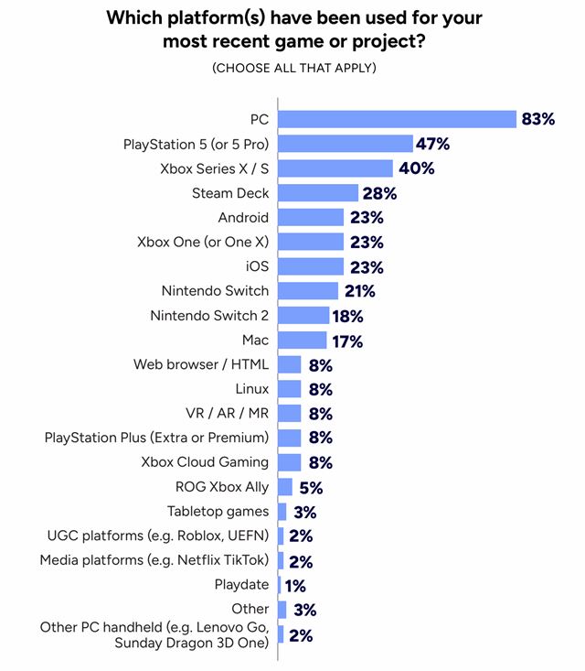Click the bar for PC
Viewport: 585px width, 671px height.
pyautogui.click(x=398, y=119)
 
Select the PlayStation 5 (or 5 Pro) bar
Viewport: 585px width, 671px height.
pyautogui.click(x=346, y=144)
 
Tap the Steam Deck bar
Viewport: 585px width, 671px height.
pyautogui.click(x=318, y=193)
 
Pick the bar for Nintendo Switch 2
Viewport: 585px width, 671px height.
pyautogui.click(x=303, y=316)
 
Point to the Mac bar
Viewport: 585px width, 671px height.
pyautogui.click(x=302, y=341)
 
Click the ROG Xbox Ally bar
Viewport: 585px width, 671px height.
pyautogui.click(x=285, y=487)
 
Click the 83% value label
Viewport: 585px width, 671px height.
pyautogui.click(x=538, y=119)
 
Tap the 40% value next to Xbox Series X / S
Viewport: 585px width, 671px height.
pyautogui.click(x=415, y=168)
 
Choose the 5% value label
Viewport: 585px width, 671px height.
pyautogui.click(x=310, y=487)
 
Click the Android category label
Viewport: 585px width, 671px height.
pyautogui.click(x=243, y=218)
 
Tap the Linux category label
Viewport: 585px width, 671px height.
pyautogui.click(x=251, y=389)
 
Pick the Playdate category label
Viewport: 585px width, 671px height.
pyautogui.click(x=241, y=585)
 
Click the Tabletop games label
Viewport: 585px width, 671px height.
pyautogui.click(x=218, y=512)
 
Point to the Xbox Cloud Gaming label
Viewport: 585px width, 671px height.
pyautogui.click(x=205, y=462)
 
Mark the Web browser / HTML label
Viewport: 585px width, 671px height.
pyautogui.click(x=201, y=364)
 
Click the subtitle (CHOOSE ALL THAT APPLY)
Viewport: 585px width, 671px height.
pyautogui.click(x=293, y=69)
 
